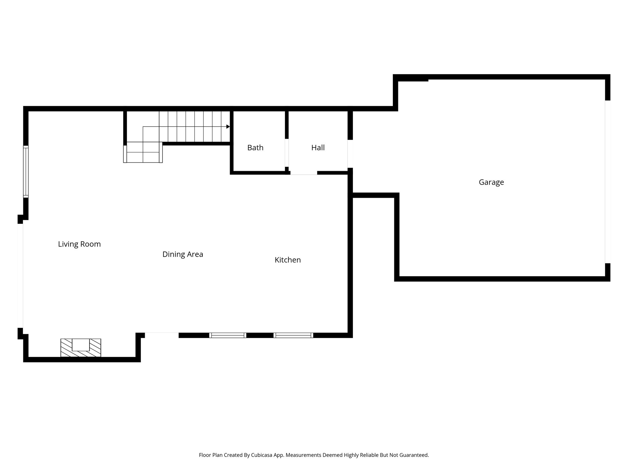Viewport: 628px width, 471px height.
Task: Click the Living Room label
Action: coord(79,244)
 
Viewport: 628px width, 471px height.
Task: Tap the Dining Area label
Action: coord(182,254)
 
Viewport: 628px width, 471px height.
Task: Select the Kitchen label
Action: coord(287,260)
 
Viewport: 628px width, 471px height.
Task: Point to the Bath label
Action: coord(255,148)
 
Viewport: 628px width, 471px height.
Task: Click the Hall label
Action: coord(318,148)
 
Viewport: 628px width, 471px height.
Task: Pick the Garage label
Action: coord(491,182)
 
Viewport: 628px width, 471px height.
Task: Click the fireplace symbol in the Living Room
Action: coord(81,347)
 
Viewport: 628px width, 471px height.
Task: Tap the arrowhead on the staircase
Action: coord(228,127)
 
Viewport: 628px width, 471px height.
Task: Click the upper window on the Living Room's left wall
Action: coord(26,172)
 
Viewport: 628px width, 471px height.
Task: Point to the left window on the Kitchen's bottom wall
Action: coord(228,335)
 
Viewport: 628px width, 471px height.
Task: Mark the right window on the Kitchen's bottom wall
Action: coord(293,335)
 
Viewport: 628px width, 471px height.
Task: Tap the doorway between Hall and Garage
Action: coord(350,154)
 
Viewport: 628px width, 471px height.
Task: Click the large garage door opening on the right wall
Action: coord(607,182)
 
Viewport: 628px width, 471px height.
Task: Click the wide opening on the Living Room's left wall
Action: coord(20,276)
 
